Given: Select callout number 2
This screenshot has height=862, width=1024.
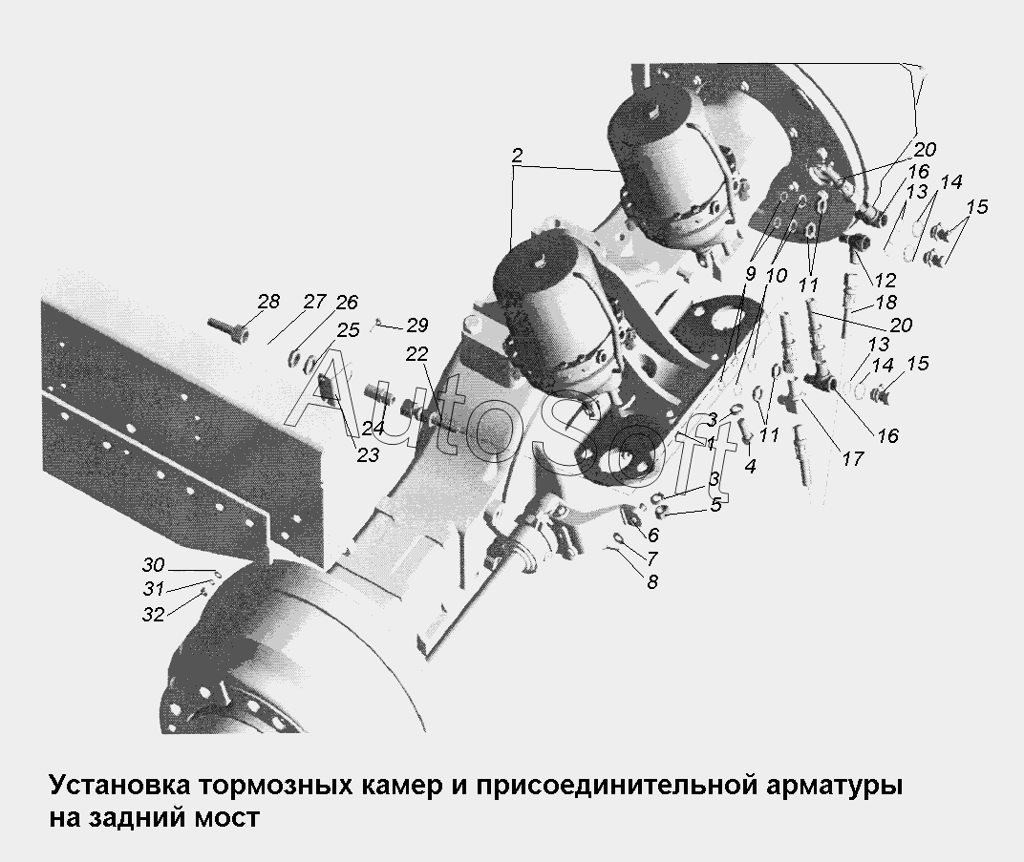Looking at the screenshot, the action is (x=517, y=155).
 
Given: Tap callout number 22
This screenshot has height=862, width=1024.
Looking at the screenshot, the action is (x=416, y=353).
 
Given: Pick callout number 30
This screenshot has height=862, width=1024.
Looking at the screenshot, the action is (x=153, y=564).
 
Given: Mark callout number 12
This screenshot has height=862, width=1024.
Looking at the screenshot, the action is (x=885, y=281).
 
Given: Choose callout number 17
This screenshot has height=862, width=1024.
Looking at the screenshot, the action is (x=852, y=459).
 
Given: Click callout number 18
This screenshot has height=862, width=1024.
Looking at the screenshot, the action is (x=885, y=303).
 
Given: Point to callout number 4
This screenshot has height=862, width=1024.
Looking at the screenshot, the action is (x=750, y=467).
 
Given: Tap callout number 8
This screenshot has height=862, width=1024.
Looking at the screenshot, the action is (x=651, y=580).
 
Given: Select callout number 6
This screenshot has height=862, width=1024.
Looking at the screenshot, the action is (x=652, y=536).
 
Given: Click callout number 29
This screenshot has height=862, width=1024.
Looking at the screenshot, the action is (x=417, y=324).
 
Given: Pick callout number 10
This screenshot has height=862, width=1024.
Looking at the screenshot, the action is (x=776, y=275).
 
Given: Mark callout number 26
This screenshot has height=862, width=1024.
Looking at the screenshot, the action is (x=346, y=303).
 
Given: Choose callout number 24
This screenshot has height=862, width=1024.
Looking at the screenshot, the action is (x=373, y=429).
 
